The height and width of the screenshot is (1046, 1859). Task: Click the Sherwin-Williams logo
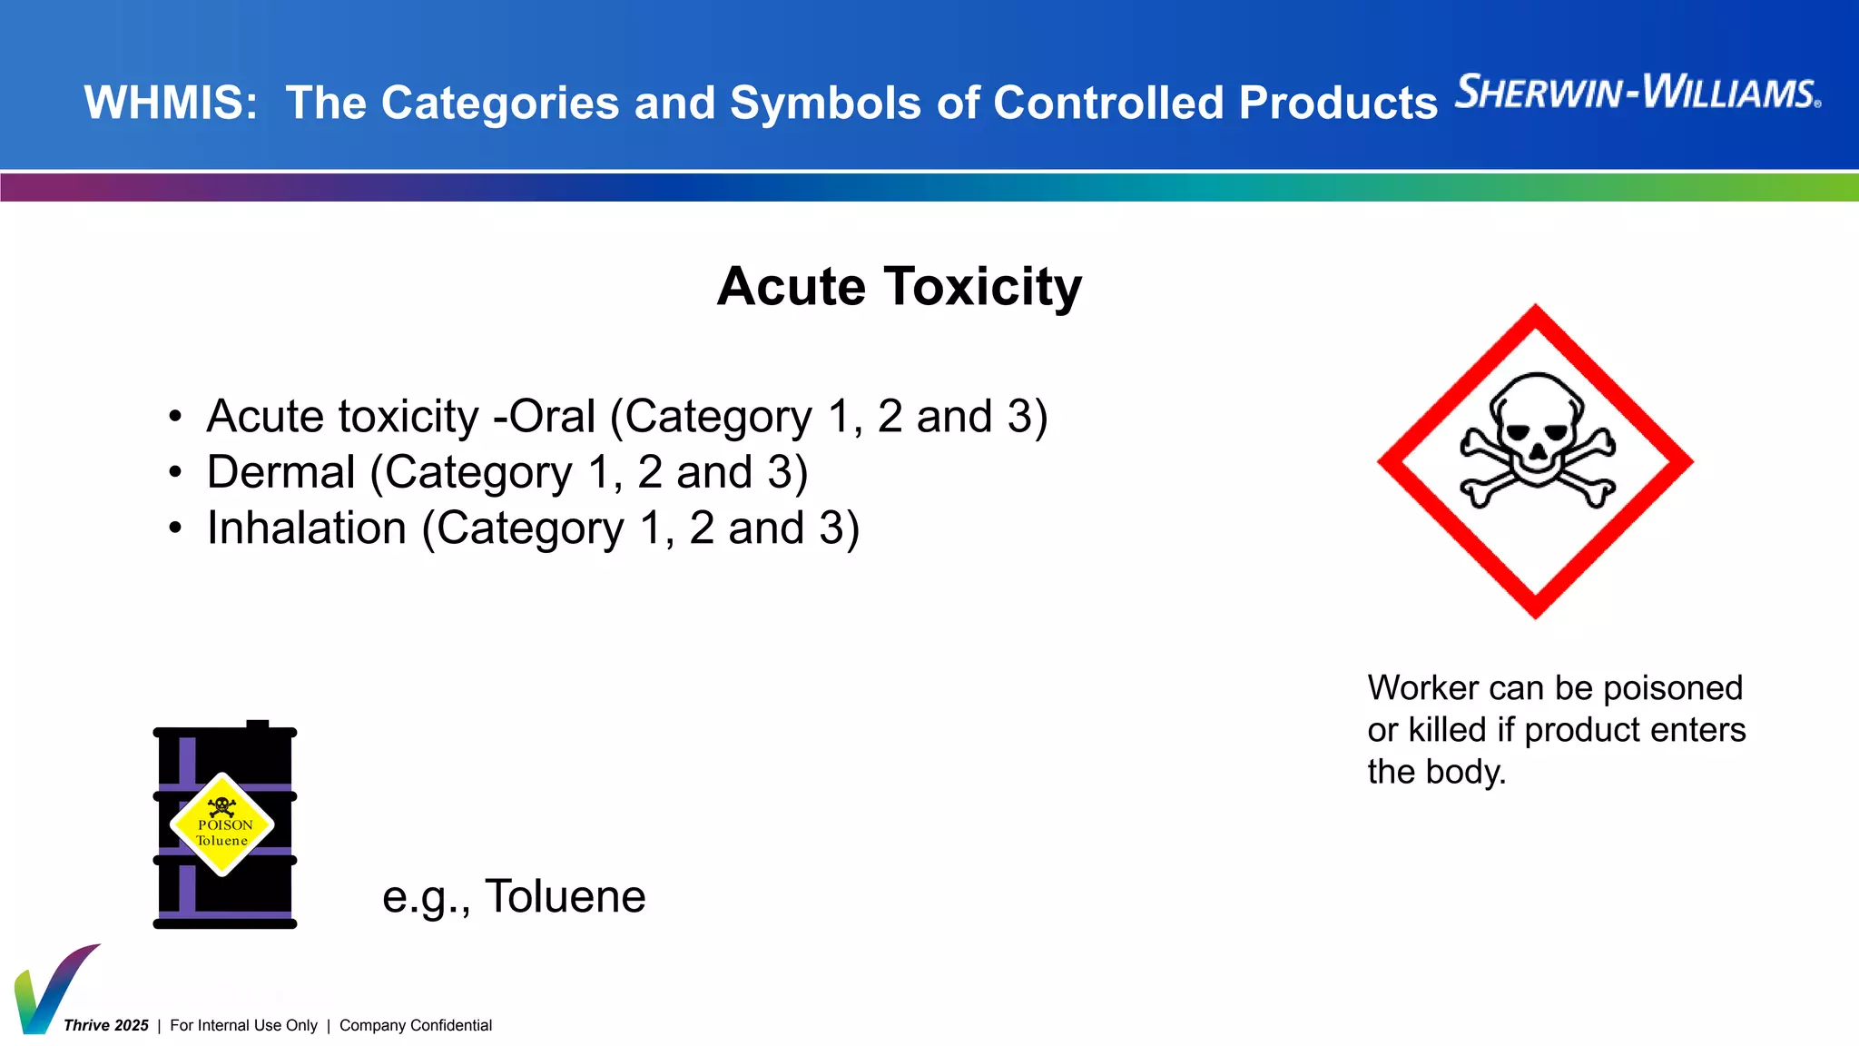(1638, 93)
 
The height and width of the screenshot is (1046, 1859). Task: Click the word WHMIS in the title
(171, 103)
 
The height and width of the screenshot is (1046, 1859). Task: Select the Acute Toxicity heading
(899, 287)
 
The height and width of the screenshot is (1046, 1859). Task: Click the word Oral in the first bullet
(552, 417)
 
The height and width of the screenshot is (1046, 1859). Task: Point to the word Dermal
(280, 472)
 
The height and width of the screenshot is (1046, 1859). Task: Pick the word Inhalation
(306, 528)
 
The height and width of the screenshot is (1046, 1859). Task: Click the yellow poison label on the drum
(222, 824)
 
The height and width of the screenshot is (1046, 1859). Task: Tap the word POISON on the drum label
(225, 825)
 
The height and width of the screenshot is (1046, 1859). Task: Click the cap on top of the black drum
(258, 725)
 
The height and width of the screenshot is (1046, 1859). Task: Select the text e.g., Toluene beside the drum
(514, 896)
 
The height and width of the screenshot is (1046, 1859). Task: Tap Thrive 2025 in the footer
(106, 1025)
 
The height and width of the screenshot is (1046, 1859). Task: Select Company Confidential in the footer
(416, 1025)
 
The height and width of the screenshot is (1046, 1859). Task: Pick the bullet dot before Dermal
(175, 473)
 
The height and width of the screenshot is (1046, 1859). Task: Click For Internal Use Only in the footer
(243, 1025)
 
